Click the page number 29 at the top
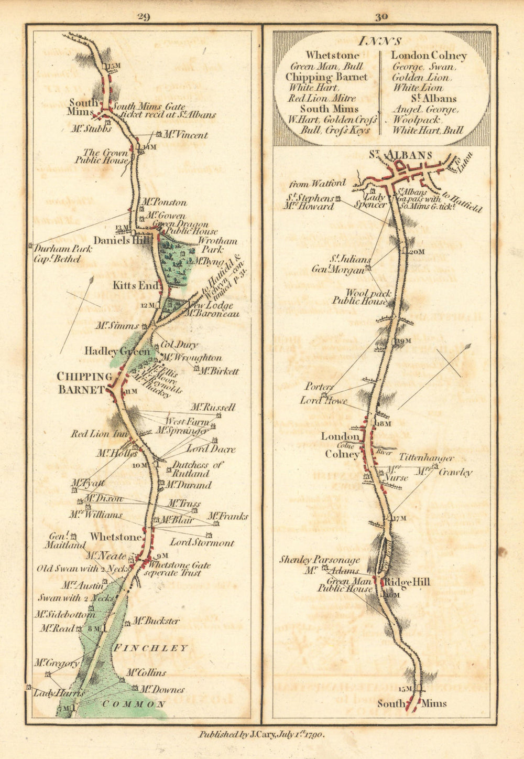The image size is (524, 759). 144,17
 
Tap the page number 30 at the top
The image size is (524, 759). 381,17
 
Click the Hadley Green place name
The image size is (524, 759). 117,351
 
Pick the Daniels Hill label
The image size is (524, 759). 122,240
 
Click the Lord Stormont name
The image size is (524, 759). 202,543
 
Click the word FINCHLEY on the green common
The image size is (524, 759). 150,648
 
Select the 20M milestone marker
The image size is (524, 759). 416,252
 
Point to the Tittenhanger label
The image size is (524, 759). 427,458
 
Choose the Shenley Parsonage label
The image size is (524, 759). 319,560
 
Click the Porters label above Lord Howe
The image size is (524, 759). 319,387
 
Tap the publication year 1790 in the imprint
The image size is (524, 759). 313,735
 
